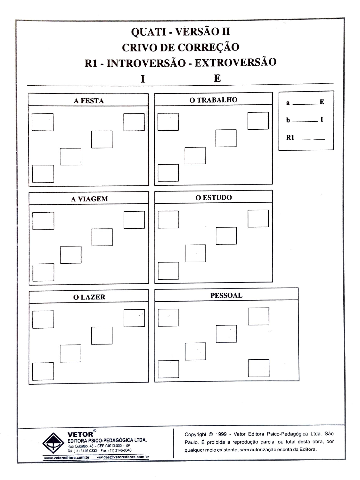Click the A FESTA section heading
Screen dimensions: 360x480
(x=89, y=101)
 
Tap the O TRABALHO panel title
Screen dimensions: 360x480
(x=213, y=100)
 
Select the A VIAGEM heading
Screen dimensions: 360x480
(x=89, y=199)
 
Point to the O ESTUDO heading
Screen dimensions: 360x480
(x=213, y=198)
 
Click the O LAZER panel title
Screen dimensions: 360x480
(x=89, y=297)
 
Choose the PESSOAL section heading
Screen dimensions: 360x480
(x=226, y=295)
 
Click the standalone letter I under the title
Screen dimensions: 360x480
(x=143, y=79)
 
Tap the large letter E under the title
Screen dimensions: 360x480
(x=217, y=78)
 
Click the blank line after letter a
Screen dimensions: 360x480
(x=305, y=104)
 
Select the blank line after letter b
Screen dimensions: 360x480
(x=305, y=121)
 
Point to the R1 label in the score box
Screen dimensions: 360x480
(x=290, y=138)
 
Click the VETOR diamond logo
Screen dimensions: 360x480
(x=53, y=443)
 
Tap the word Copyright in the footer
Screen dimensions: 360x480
(x=195, y=434)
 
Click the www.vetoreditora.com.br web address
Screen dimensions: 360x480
(x=66, y=458)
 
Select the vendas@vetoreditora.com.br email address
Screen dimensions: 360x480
(x=123, y=457)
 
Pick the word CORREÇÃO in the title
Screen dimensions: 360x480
(x=208, y=47)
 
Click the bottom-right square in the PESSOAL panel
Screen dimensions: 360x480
(x=259, y=368)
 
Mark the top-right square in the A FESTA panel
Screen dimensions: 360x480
(x=134, y=122)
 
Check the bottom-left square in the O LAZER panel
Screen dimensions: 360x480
(x=43, y=371)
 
